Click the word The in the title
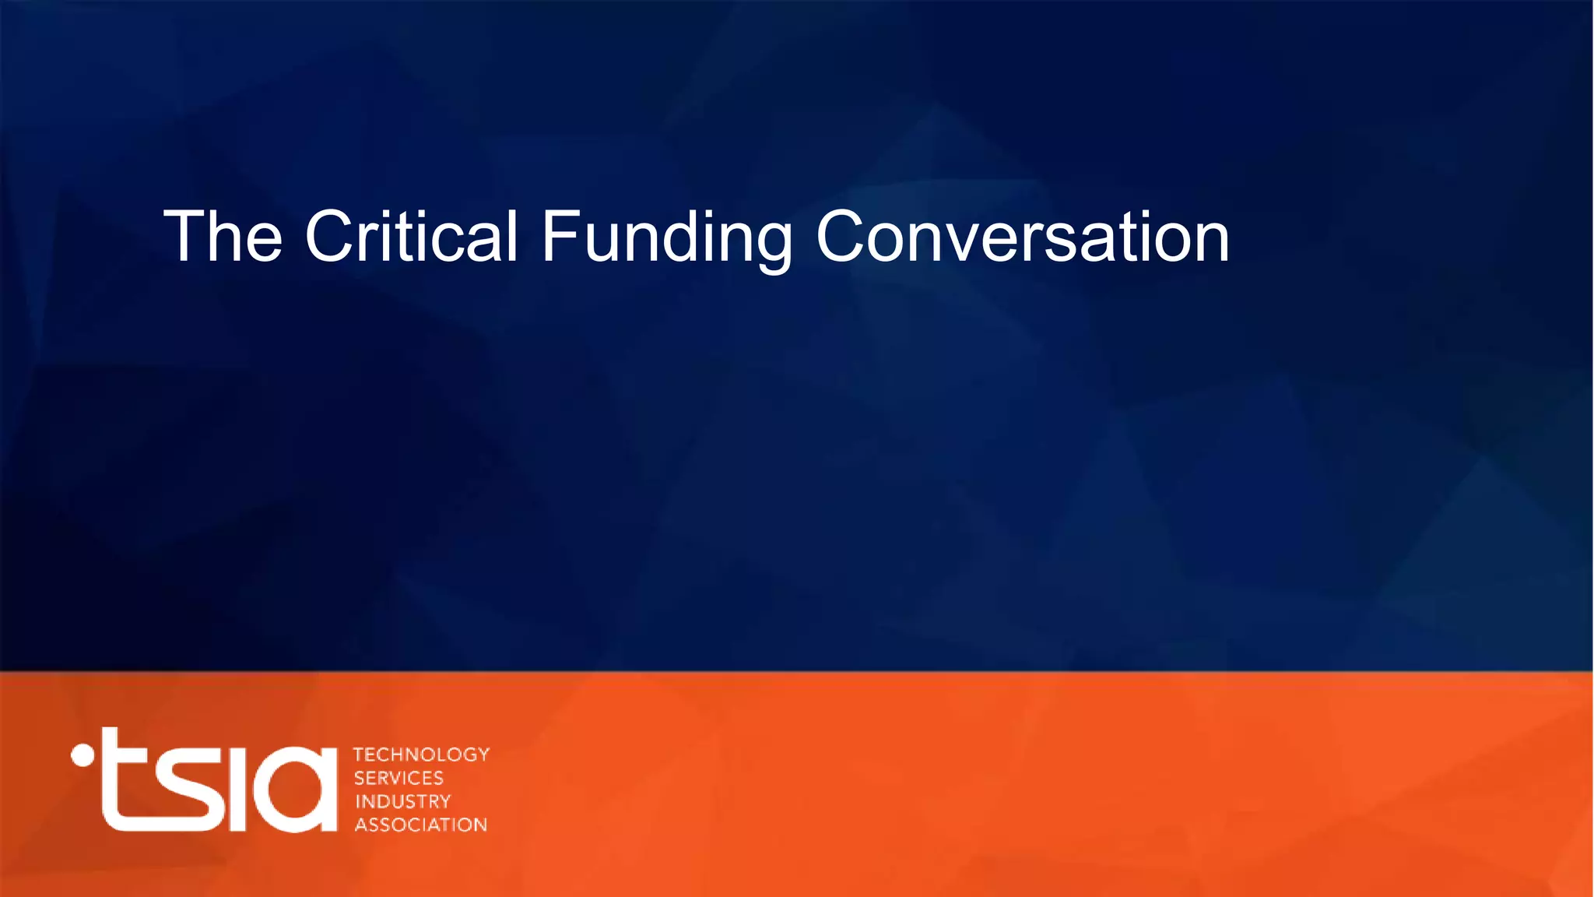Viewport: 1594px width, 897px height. (223, 237)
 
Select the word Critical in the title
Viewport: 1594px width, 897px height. (411, 237)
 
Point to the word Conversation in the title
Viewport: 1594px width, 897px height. (1022, 237)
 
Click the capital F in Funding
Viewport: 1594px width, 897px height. (559, 237)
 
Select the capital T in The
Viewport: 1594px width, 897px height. (185, 237)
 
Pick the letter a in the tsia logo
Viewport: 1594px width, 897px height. (296, 790)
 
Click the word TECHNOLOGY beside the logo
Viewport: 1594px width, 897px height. (421, 755)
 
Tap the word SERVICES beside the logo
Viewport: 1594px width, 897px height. (398, 778)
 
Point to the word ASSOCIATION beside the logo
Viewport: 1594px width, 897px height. (421, 825)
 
